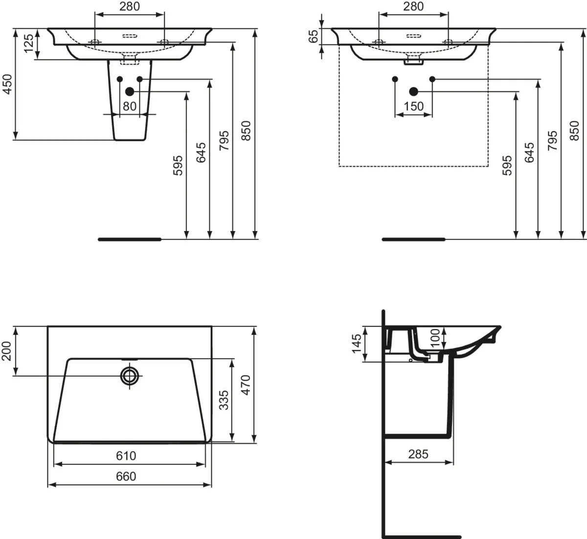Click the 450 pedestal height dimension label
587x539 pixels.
(x=7, y=85)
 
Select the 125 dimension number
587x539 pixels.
(x=29, y=43)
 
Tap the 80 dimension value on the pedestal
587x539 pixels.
(x=130, y=106)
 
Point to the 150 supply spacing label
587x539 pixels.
(x=413, y=106)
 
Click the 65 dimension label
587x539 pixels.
(x=314, y=36)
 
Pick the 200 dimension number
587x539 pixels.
(x=6, y=351)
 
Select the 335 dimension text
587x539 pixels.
(x=224, y=400)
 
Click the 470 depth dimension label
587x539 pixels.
(x=246, y=385)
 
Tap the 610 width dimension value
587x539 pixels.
(x=126, y=455)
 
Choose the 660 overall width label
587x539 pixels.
(x=126, y=476)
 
